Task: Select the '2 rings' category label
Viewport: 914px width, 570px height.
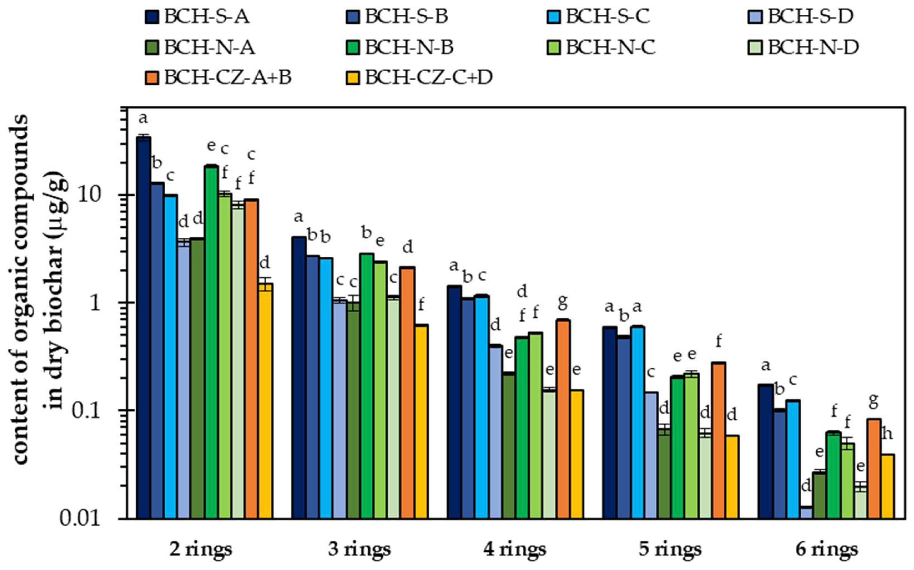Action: click(x=200, y=550)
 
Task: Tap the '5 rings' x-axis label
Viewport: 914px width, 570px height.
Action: click(x=670, y=550)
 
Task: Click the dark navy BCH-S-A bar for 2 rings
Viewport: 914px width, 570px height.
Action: click(x=144, y=328)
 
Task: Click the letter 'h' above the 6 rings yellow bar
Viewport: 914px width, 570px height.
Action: click(x=888, y=434)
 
